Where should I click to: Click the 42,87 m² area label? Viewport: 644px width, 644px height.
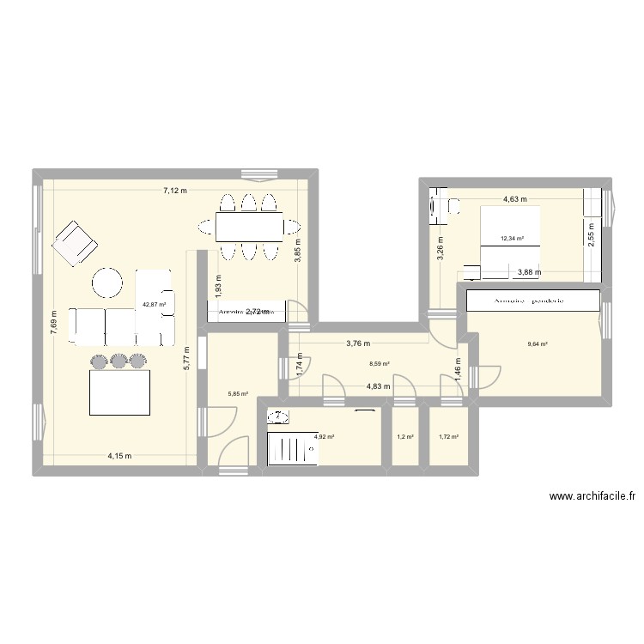point(154,303)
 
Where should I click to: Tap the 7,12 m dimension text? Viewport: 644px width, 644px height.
point(175,191)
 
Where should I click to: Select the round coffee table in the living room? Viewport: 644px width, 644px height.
point(109,283)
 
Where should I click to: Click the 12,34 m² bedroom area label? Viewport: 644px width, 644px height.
point(513,240)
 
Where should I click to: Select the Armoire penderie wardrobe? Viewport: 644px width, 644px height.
point(533,301)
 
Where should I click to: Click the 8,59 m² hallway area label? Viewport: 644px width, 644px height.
point(379,364)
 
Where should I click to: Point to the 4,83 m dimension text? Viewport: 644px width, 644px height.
point(379,386)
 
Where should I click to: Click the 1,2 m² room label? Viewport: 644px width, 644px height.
point(404,437)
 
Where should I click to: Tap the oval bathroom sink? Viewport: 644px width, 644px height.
point(278,416)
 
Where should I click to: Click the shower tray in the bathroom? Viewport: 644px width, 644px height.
point(292,447)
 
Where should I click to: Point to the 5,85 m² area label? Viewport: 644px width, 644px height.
point(238,395)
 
